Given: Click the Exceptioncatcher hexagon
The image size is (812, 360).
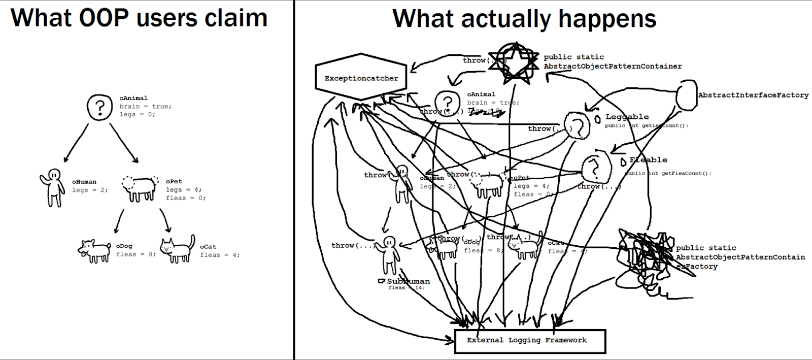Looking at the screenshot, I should (x=361, y=78).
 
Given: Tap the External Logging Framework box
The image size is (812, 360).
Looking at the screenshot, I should (x=529, y=341).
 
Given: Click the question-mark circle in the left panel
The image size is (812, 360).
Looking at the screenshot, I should (x=99, y=107).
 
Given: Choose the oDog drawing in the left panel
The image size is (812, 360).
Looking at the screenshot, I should (x=94, y=250).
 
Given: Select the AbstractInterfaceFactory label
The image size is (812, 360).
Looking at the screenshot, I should (x=753, y=95).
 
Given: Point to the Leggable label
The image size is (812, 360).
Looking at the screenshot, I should (x=627, y=117).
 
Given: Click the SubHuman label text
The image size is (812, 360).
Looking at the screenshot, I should (x=408, y=281).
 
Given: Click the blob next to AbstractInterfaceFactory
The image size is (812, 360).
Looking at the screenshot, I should (x=687, y=95).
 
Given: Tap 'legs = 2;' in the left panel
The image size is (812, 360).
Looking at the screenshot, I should (x=89, y=190).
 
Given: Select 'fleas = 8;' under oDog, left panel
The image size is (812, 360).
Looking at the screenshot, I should (x=136, y=254).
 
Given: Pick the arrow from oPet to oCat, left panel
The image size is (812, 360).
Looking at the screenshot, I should (x=165, y=219).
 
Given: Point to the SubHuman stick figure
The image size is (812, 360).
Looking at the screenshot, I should (x=390, y=254).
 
